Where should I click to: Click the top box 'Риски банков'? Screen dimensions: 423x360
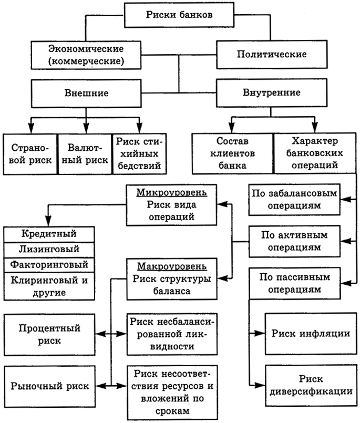point(179,15)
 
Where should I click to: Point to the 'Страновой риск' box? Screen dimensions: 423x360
point(29,153)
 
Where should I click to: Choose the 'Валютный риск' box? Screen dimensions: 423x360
point(84,153)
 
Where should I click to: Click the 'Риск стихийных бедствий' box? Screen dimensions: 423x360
point(139,153)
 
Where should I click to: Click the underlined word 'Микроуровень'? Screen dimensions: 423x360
point(171,192)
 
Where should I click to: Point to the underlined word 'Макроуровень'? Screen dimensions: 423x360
point(171,266)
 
